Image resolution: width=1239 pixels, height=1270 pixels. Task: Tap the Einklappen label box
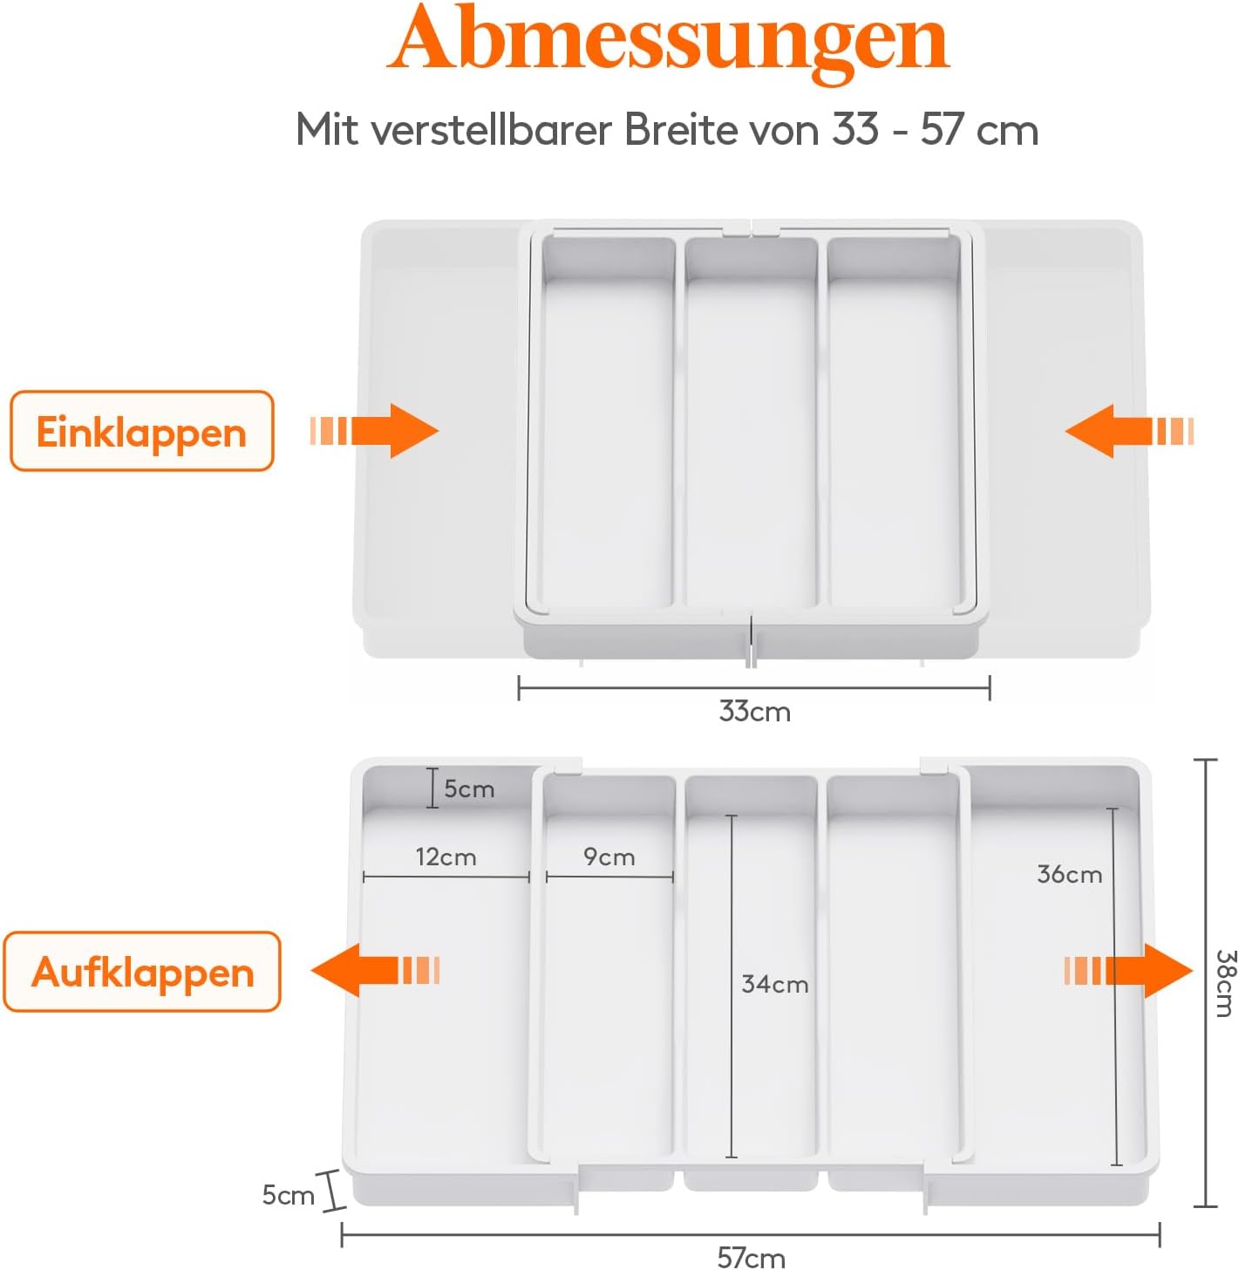[x=141, y=432]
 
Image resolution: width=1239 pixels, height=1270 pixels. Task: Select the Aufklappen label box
[x=142, y=972]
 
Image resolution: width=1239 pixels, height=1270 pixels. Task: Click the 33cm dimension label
[x=754, y=712]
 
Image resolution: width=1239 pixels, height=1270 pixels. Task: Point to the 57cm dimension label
[x=751, y=1257]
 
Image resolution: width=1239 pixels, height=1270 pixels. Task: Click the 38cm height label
[x=1224, y=983]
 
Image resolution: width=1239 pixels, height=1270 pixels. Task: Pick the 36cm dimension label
[x=1069, y=874]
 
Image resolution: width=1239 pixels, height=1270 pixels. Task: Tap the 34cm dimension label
[x=774, y=984]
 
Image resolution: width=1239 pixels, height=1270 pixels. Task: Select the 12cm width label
[x=446, y=857]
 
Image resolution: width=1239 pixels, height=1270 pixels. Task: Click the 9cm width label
[x=609, y=857]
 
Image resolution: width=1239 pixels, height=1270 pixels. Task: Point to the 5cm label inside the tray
[x=469, y=789]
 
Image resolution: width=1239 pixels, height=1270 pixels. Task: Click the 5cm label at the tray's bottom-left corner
[x=288, y=1195]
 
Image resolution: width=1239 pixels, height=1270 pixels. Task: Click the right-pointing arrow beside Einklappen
[x=375, y=431]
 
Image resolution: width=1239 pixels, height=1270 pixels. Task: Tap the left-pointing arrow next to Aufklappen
[x=375, y=970]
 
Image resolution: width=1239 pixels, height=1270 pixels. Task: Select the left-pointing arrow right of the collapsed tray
[x=1128, y=431]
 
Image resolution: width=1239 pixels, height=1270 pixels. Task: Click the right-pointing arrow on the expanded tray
[x=1128, y=970]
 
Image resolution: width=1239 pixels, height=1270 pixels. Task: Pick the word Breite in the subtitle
[x=682, y=129]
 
